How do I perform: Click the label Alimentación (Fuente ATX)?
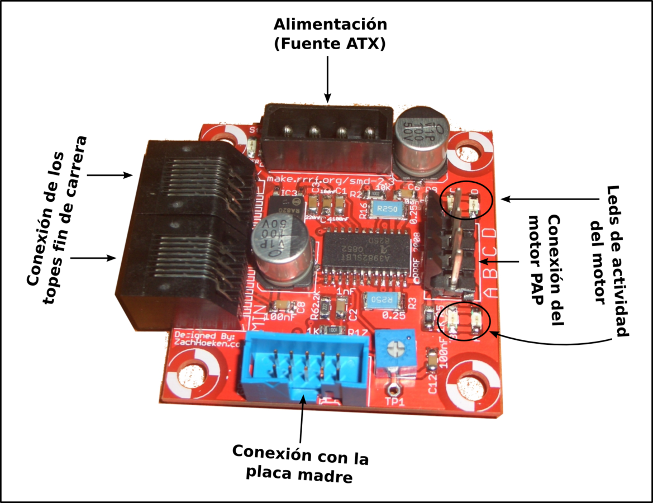[x=329, y=34]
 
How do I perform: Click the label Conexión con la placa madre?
[x=301, y=463]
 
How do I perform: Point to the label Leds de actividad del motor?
[x=609, y=260]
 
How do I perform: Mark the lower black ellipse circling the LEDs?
[x=463, y=320]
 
